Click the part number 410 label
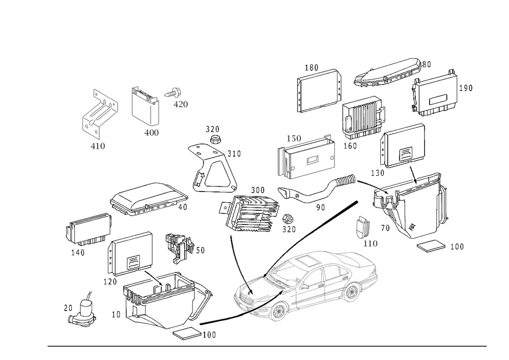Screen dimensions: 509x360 (98, 146)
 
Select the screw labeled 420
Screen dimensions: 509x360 (173, 93)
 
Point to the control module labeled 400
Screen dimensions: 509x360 (145, 106)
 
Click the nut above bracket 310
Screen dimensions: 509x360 (214, 140)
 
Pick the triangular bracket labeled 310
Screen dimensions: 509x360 (213, 170)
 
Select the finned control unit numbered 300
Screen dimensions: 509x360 (248, 213)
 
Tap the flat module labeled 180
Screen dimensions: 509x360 (319, 91)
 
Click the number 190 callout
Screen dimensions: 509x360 (466, 88)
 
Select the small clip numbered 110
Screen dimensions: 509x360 (363, 227)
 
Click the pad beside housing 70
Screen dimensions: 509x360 (431, 246)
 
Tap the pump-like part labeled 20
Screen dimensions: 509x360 (82, 312)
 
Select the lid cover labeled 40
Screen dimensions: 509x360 (149, 199)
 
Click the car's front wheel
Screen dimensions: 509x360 (278, 312)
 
